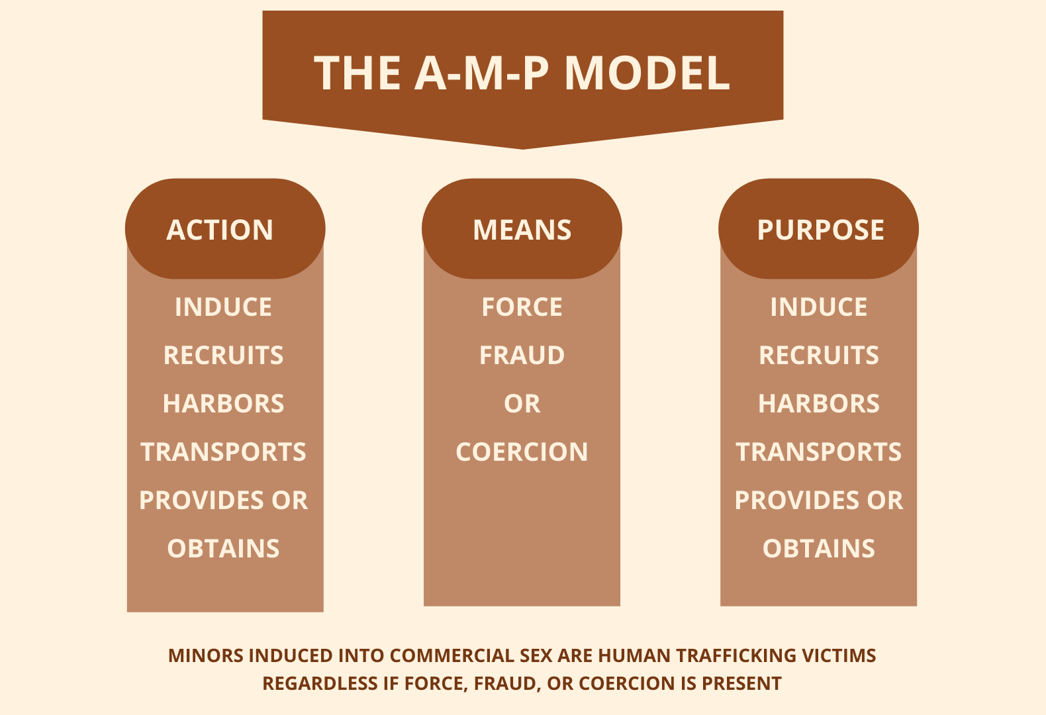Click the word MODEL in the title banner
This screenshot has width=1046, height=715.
pos(647,73)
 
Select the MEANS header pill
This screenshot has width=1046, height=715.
pos(522,229)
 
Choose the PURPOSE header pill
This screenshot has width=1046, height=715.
pos(819,229)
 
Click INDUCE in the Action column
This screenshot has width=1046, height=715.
pos(223,307)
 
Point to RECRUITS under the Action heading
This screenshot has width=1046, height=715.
pos(223,356)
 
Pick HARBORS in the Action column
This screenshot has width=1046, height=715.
pos(223,404)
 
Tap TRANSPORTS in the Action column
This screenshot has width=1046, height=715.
pos(223,452)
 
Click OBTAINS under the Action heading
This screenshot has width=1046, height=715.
pos(223,549)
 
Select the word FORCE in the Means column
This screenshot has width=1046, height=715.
pos(522,307)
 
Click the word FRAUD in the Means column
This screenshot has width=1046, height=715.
pos(522,356)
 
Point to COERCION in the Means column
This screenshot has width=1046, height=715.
pos(522,452)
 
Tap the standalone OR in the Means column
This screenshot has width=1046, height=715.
pos(522,404)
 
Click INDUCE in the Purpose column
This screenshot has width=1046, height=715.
pos(819,307)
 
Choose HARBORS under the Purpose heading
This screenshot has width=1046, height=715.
pos(819,404)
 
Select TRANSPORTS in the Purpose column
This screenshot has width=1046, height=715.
pos(819,452)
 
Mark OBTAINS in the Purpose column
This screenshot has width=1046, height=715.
pos(819,549)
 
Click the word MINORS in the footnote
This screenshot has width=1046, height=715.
pos(205,655)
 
